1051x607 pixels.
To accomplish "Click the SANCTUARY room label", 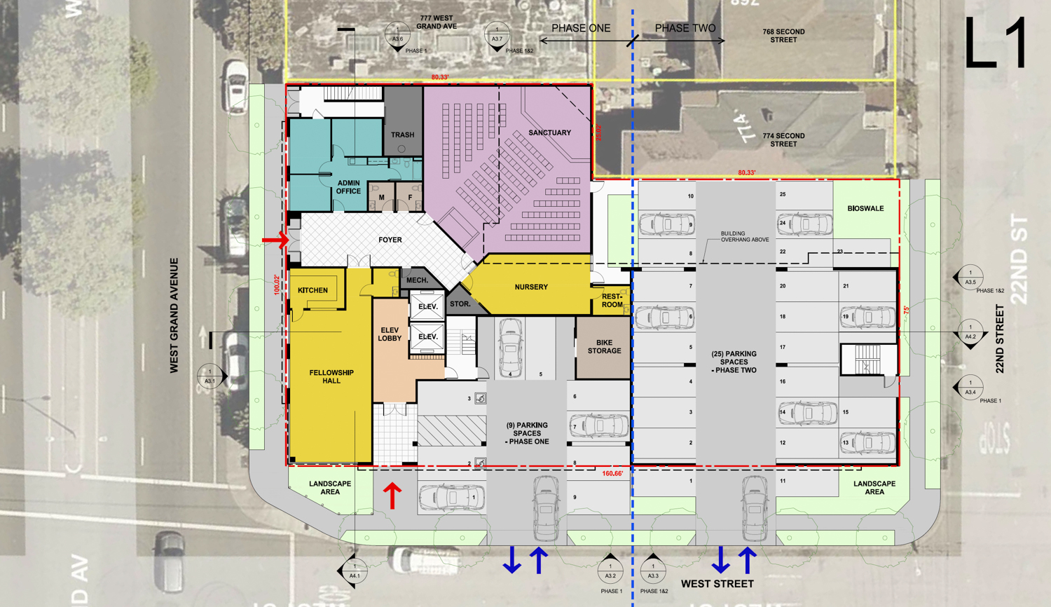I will (549, 132).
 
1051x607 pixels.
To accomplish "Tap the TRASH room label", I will (402, 135).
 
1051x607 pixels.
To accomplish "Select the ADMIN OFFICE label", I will (348, 187).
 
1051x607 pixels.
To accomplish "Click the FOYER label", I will (390, 240).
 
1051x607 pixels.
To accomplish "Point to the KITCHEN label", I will (312, 290).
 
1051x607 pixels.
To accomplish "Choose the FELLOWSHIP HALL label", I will (331, 376).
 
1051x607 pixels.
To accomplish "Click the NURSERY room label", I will (531, 287).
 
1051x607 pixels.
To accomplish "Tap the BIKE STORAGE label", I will (604, 347).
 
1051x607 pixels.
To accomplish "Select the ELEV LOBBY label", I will (390, 334).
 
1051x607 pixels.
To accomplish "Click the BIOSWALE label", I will (865, 208).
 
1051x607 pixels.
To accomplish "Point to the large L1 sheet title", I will (996, 43).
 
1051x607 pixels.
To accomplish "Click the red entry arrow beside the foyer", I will (275, 240).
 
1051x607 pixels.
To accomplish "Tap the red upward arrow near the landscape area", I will (392, 496).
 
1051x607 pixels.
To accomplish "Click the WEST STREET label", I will (717, 583).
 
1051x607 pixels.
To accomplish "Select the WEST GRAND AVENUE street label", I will (174, 315).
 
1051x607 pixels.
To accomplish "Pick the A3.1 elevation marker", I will (209, 377).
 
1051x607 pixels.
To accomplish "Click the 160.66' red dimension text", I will (612, 474).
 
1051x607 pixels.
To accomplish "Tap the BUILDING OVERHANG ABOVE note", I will (744, 237).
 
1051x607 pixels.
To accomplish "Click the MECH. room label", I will (417, 280).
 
